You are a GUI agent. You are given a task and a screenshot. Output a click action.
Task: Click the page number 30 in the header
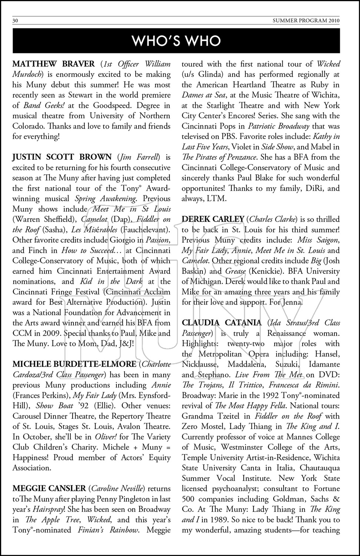click(x=15, y=21)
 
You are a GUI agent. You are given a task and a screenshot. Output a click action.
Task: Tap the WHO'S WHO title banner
click(x=176, y=40)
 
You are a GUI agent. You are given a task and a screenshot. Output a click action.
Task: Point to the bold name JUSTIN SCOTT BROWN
click(x=62, y=158)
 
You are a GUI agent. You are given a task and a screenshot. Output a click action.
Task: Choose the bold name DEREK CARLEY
click(x=213, y=219)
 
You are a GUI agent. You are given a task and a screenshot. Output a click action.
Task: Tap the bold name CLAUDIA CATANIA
click(x=222, y=323)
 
